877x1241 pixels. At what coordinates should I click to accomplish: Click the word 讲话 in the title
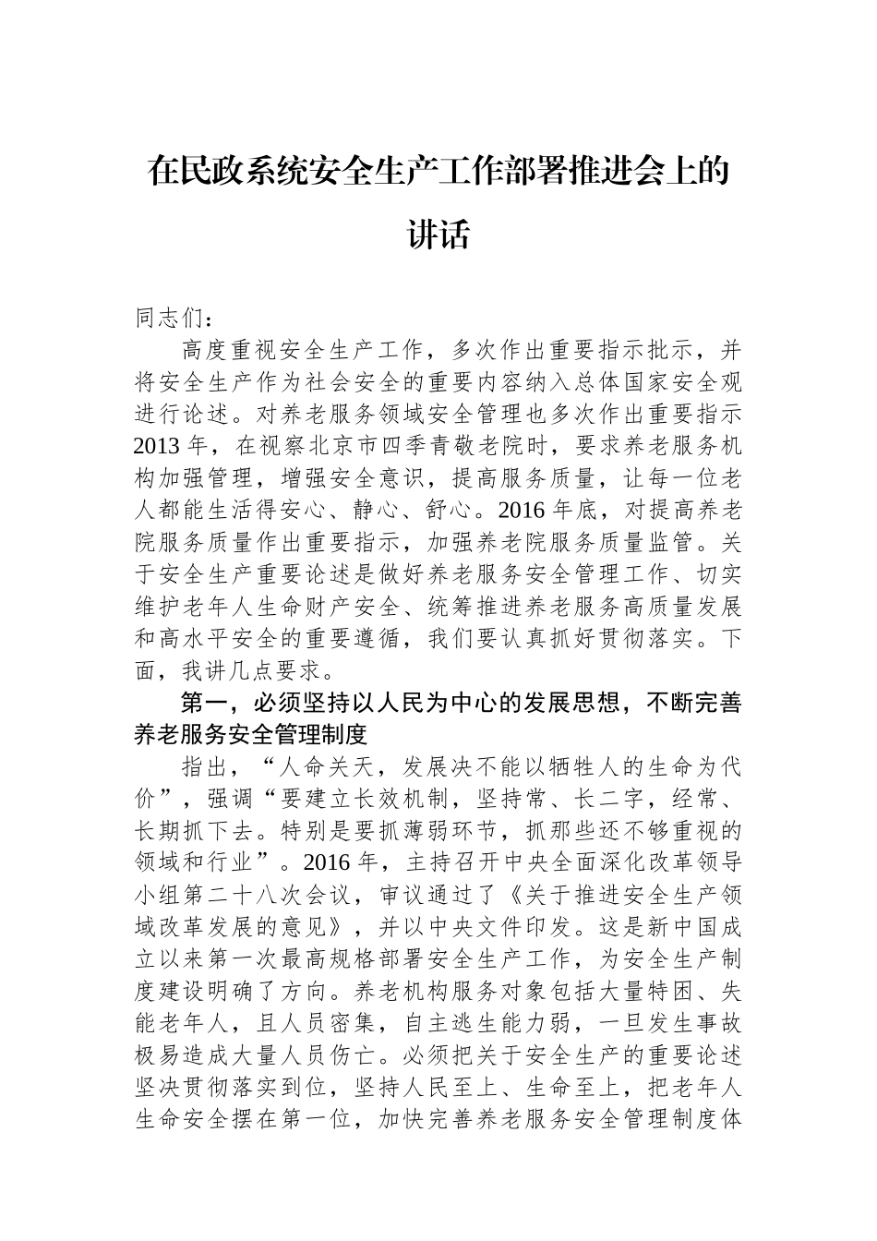pos(438,235)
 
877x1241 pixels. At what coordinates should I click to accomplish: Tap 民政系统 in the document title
pos(246,172)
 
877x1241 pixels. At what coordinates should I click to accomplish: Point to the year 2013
pos(156,446)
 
